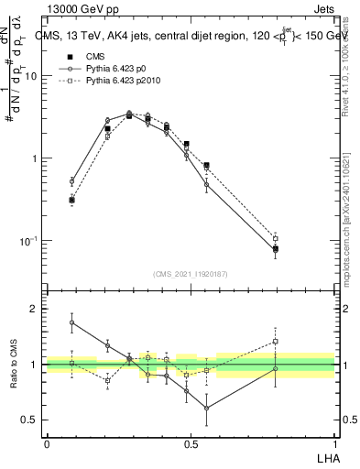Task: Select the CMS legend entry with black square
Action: tap(88, 56)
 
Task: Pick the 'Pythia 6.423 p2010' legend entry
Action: tap(114, 82)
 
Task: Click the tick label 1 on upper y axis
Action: tap(36, 158)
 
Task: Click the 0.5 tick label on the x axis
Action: tap(191, 442)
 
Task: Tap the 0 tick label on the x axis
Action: tap(47, 442)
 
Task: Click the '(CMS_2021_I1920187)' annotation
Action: tap(190, 273)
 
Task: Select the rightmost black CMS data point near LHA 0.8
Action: tap(275, 248)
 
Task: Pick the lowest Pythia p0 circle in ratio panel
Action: tap(207, 408)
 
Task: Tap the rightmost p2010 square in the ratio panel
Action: tap(275, 342)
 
